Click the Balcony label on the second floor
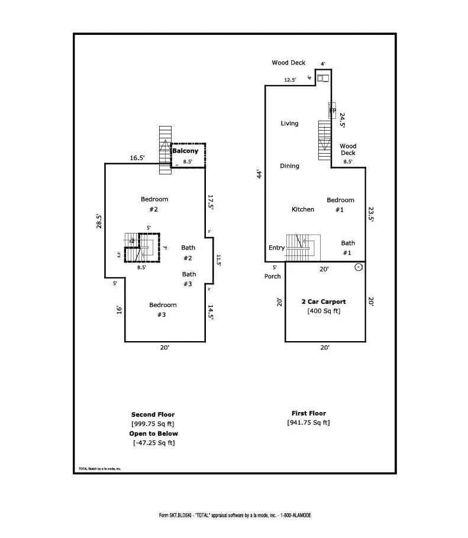click(x=185, y=151)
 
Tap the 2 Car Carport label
click(x=324, y=302)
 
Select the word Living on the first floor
click(x=289, y=124)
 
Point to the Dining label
click(x=289, y=166)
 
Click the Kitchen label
click(x=303, y=209)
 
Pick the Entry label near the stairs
click(x=276, y=248)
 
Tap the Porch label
click(x=272, y=276)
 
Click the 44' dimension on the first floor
click(x=259, y=174)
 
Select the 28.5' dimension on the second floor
click(x=99, y=221)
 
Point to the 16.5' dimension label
click(x=137, y=158)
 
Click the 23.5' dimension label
click(x=372, y=213)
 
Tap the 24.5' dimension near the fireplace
click(x=342, y=121)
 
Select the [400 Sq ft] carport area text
click(x=324, y=311)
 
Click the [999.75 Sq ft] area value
click(x=153, y=424)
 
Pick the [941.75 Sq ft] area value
click(x=308, y=423)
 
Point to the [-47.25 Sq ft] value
click(x=153, y=443)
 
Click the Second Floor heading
click(x=153, y=414)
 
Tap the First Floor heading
click(x=308, y=413)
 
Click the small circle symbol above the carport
click(x=359, y=267)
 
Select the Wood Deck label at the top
click(x=288, y=63)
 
